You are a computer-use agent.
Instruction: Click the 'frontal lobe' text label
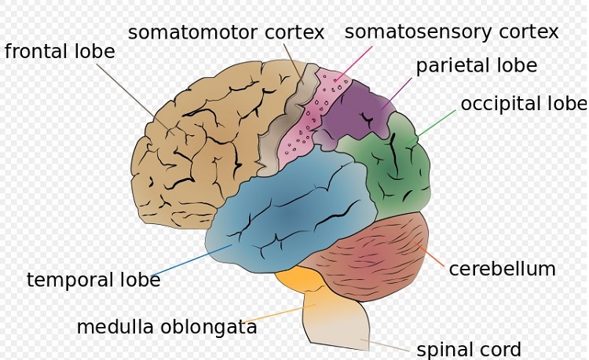(60, 52)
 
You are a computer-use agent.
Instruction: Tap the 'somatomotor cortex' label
(226, 32)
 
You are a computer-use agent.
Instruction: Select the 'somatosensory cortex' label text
(452, 32)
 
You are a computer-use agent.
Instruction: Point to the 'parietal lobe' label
(477, 65)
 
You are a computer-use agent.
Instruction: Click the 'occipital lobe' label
(523, 104)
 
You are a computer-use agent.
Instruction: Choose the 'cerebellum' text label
(502, 269)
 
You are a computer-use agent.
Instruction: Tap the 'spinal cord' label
(469, 350)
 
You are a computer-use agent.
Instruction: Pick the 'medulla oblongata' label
(166, 327)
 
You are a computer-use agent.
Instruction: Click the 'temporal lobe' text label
(93, 280)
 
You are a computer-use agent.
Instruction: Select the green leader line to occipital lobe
(437, 122)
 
